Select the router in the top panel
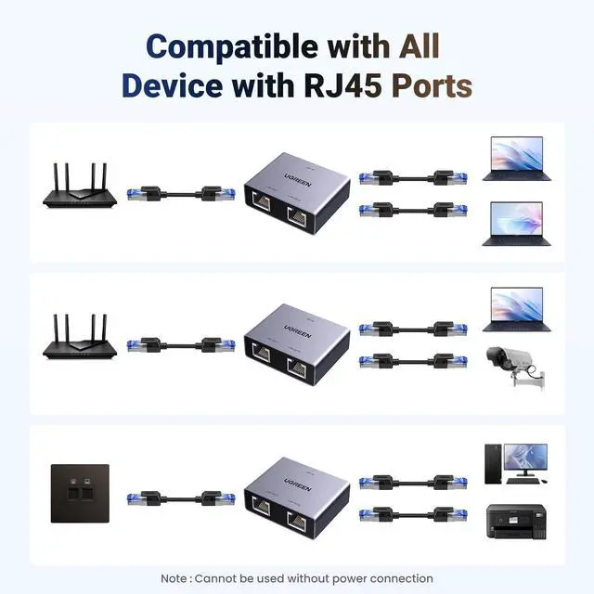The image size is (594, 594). (x=76, y=187)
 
